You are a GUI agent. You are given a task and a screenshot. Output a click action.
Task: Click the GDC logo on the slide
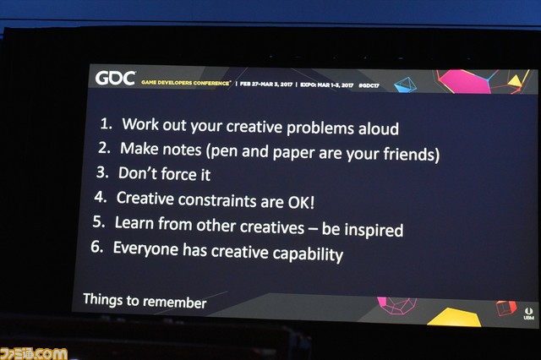[115, 79]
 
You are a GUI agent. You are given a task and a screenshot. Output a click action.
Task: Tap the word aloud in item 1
[379, 128]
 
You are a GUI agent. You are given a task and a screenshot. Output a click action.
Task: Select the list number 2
[104, 148]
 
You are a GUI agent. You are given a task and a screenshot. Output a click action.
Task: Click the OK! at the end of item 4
[301, 202]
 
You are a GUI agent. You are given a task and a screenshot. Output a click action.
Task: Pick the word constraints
[217, 200]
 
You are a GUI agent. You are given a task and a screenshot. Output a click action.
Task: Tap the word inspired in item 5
[374, 230]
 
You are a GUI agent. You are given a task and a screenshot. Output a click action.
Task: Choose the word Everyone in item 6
[145, 248]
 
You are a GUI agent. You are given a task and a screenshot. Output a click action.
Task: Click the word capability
[308, 254]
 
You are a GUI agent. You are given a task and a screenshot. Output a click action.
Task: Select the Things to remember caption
[145, 301]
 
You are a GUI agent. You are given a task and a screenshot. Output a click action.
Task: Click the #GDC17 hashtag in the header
[369, 85]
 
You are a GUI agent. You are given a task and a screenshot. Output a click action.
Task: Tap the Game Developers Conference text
[186, 83]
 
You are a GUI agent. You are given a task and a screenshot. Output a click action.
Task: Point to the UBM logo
[528, 314]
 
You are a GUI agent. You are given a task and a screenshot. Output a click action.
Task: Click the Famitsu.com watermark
[34, 354]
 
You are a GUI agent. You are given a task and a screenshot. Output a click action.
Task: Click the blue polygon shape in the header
[406, 85]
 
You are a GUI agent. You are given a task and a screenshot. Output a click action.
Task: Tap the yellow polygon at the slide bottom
[455, 317]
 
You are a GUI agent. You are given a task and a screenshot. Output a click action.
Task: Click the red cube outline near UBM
[506, 308]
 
